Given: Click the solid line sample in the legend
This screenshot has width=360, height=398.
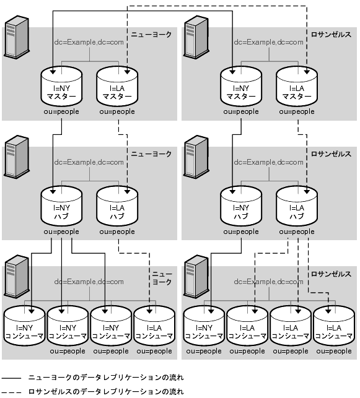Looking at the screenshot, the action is coord(11,378).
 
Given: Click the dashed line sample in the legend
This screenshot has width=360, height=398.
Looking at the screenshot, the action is coord(11,392).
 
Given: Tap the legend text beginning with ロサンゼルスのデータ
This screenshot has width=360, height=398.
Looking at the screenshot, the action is coord(106,392).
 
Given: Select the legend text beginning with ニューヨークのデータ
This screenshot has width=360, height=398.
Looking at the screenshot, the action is coord(106,378).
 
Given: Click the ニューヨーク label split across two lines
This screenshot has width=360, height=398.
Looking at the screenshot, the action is coord(162,278).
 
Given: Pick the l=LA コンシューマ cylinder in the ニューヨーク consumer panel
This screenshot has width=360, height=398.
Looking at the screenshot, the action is coord(154,326).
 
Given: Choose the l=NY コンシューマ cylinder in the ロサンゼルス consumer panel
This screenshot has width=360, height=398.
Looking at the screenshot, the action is coord(204,326).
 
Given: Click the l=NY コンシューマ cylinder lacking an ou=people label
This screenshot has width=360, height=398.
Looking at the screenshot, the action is coord(24,326).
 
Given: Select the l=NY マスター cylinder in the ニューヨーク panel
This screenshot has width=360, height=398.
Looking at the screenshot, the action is coord(61,86).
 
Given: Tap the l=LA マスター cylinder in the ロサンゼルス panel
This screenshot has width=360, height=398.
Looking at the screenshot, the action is coord(297,86).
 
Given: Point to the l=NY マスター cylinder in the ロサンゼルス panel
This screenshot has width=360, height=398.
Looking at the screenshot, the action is coord(241,86).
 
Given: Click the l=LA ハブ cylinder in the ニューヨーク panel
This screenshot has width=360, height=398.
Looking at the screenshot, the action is coord(117,206).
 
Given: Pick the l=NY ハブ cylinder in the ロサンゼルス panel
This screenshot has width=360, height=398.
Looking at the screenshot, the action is coord(241,206).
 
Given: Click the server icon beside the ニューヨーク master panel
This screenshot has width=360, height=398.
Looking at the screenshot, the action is coord(17,37).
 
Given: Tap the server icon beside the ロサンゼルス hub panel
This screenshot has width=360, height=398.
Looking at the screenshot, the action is coord(196,157).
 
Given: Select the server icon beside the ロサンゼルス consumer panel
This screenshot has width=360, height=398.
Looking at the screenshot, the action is coord(196,277).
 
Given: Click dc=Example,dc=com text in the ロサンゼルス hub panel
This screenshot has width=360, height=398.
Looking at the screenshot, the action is coord(268,162).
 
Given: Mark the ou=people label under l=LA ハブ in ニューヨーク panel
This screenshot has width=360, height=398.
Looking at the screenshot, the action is coord(117,231).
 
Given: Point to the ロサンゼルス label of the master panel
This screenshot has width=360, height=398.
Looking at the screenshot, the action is coord(331,34).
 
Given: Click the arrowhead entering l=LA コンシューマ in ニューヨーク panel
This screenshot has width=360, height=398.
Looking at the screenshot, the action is coord(149,311).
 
